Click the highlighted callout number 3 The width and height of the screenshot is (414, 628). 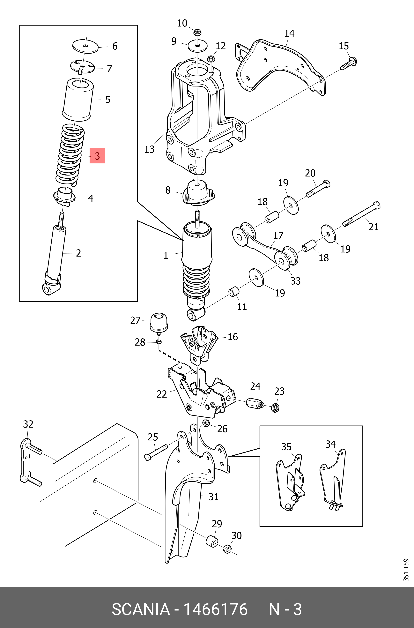[x=97, y=156]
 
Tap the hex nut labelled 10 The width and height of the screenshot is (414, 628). [x=197, y=33]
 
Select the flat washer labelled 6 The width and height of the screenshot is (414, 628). [x=85, y=47]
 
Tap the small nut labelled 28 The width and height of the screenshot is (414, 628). [x=159, y=342]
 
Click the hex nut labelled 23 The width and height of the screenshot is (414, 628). [x=275, y=408]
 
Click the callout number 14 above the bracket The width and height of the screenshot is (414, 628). [x=289, y=34]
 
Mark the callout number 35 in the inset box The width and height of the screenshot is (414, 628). [x=286, y=447]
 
